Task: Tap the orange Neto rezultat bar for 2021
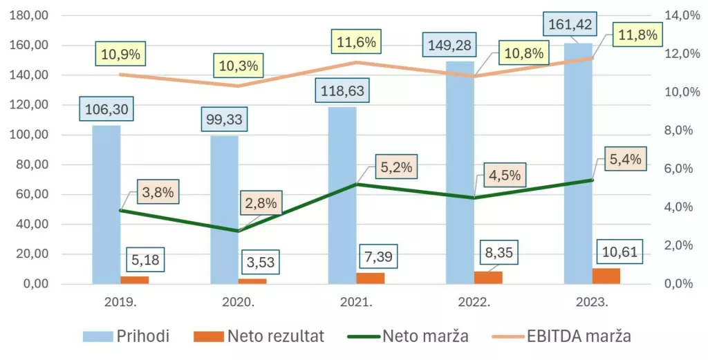point(371,278)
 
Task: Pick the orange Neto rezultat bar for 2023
point(606,276)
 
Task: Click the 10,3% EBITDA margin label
point(239,66)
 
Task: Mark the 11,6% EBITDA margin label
point(356,42)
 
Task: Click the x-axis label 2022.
point(474,303)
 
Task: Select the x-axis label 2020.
point(239,303)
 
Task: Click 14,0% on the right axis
point(681,15)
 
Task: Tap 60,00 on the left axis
point(29,194)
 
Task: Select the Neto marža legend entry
point(415,337)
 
